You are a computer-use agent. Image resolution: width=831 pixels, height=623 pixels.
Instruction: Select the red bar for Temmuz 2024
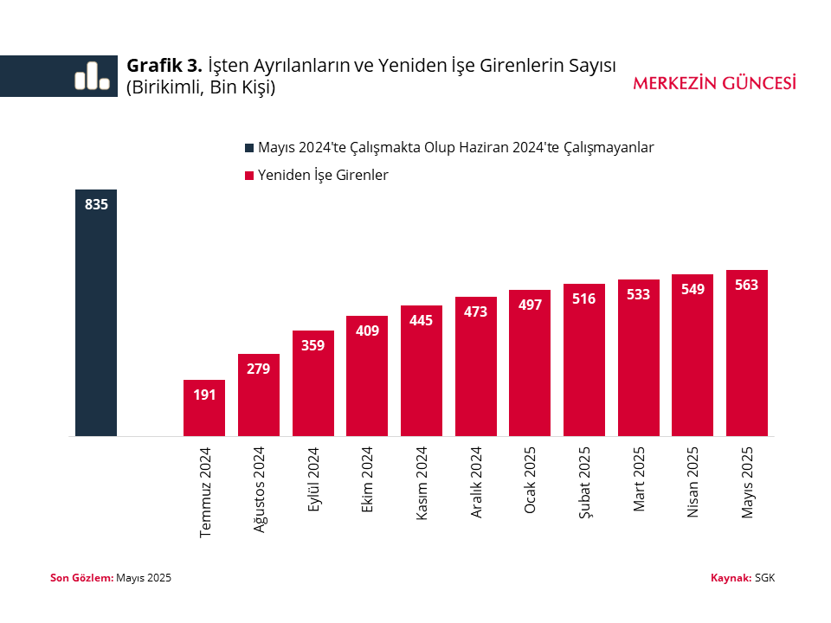(204, 408)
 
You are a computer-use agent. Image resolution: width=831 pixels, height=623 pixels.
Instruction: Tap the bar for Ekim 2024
(367, 376)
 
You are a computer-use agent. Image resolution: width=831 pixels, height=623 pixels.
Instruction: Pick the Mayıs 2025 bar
(747, 353)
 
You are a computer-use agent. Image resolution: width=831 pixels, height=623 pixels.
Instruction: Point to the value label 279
(258, 369)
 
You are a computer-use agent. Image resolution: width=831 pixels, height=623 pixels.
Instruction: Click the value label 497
(530, 305)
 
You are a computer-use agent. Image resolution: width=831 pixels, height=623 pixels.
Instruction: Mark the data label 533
(638, 294)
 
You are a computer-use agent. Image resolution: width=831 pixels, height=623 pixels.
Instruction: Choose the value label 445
(422, 320)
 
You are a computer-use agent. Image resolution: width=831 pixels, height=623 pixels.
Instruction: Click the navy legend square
(250, 148)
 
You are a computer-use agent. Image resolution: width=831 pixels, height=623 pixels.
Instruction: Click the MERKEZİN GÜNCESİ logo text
(714, 83)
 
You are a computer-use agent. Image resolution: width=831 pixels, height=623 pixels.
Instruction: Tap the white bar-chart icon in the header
(92, 76)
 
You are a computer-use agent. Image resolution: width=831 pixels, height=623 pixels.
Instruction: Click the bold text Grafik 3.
(164, 66)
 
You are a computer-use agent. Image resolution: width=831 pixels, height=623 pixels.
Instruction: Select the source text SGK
(764, 577)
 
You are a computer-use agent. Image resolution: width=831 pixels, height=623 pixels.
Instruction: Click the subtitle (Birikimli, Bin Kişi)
(201, 87)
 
